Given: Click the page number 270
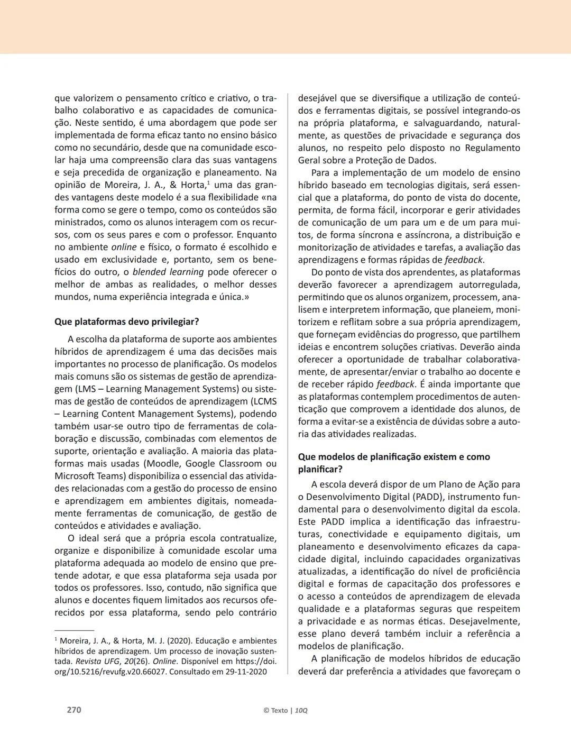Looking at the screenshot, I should pyautogui.click(x=74, y=710).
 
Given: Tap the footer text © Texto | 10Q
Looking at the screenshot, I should pyautogui.click(x=285, y=710).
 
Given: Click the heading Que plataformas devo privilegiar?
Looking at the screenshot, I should pyautogui.click(x=127, y=322).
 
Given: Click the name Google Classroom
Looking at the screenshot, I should pyautogui.click(x=224, y=464).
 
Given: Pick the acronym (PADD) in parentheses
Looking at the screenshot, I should pyautogui.click(x=417, y=497).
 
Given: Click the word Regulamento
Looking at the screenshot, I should pyautogui.click(x=493, y=148).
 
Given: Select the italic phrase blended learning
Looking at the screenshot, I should pyautogui.click(x=168, y=272).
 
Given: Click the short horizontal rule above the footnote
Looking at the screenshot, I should pyautogui.click(x=74, y=630).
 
